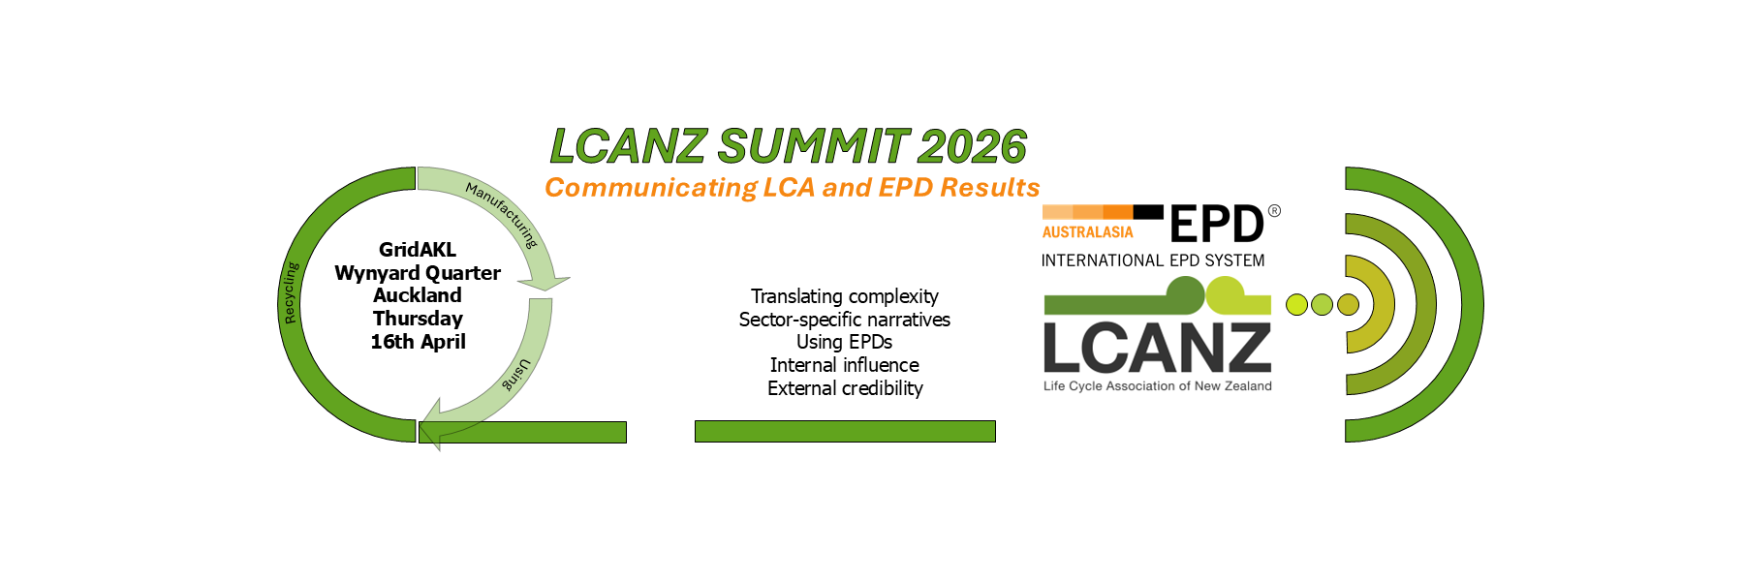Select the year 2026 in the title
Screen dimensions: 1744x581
972,146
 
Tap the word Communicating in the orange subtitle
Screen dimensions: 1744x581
651,188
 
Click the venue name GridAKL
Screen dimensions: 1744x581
418,250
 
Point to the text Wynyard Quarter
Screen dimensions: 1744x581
418,273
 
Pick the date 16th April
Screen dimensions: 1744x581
418,342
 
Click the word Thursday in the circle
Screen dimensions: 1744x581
418,319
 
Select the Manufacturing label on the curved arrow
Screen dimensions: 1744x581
502,214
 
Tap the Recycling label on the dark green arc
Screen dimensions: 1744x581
291,292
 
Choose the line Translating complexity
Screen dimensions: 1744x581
845,296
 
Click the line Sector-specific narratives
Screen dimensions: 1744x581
845,320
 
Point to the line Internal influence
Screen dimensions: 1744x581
845,365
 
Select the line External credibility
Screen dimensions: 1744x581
845,388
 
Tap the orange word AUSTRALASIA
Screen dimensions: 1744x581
1087,232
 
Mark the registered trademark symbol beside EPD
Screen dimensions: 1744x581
1274,210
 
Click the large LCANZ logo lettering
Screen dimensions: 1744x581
1157,348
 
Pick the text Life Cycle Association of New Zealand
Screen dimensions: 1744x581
1158,386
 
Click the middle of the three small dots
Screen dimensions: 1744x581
1322,305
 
